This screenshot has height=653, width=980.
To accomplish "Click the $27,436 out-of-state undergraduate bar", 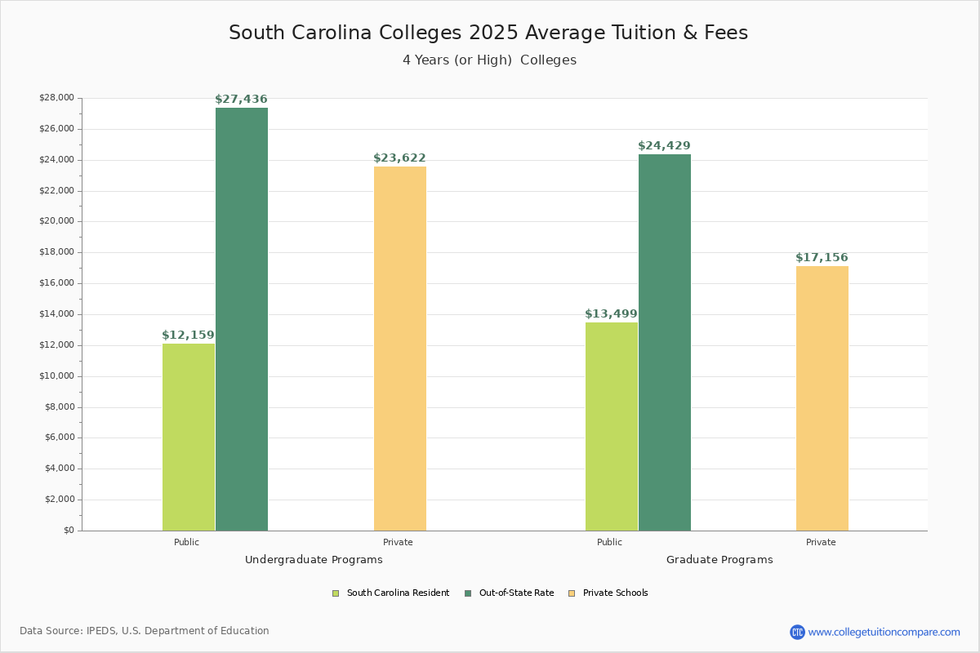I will click(x=241, y=319).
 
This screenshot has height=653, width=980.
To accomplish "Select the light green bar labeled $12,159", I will click(x=189, y=437).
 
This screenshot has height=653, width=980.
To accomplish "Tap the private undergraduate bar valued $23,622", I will click(x=400, y=349).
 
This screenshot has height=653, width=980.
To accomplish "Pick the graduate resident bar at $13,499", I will click(x=612, y=426).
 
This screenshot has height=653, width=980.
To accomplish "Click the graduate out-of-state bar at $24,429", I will click(x=664, y=342).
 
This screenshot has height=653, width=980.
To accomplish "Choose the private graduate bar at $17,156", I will click(x=822, y=398).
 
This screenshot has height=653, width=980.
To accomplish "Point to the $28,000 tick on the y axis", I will click(x=56, y=98).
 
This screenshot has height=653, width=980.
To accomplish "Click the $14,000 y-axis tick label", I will click(x=56, y=314).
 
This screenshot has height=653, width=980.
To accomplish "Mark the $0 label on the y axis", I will click(x=68, y=531).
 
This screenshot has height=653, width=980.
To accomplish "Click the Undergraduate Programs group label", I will click(x=314, y=560).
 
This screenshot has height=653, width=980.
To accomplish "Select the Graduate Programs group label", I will click(x=719, y=560).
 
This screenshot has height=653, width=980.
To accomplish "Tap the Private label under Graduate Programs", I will click(x=821, y=542).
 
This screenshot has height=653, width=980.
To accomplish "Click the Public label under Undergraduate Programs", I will click(x=186, y=542).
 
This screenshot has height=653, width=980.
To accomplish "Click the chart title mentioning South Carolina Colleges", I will click(x=488, y=33).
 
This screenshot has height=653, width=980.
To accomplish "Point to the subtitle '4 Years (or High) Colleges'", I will click(x=489, y=60).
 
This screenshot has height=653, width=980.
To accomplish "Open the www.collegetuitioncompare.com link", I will click(x=884, y=632).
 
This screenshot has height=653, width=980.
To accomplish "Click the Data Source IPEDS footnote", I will click(x=145, y=631).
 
